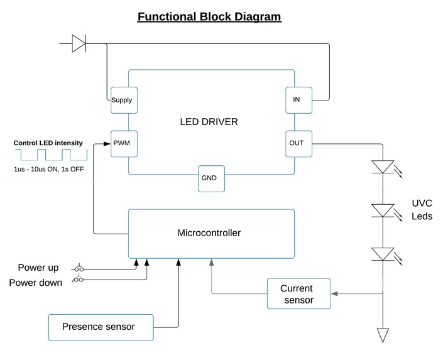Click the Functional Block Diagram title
(x=209, y=16)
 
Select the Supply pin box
(x=122, y=100)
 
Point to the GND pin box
(x=209, y=178)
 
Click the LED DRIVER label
(x=209, y=121)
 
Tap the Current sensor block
(x=297, y=294)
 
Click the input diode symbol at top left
(x=79, y=43)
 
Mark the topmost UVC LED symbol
(x=382, y=167)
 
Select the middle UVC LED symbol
(x=382, y=210)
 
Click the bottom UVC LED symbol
(x=382, y=254)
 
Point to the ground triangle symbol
(x=382, y=335)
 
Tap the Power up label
(x=38, y=268)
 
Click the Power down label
(x=35, y=283)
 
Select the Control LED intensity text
(x=48, y=143)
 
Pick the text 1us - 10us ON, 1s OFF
(x=48, y=170)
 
